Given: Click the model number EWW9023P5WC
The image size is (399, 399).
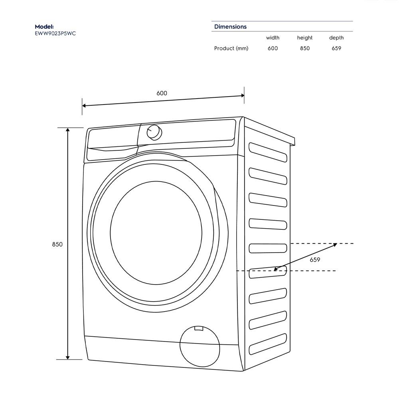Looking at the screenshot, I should (x=55, y=34).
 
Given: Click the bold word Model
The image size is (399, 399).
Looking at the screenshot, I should (x=44, y=27).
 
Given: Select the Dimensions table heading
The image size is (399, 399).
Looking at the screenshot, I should (x=230, y=27).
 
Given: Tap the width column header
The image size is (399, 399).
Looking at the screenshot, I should (x=273, y=38).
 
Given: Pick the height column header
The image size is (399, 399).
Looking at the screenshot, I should (x=304, y=38).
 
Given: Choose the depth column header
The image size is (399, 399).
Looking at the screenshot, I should (x=336, y=38).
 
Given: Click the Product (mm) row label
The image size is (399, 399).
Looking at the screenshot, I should (x=231, y=48).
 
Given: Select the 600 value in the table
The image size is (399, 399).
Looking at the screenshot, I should (x=273, y=48).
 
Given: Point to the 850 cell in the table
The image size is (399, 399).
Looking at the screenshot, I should (x=304, y=48).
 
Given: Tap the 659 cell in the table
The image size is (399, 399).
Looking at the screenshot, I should (x=336, y=48).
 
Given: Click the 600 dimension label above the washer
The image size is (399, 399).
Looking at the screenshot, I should (x=162, y=93).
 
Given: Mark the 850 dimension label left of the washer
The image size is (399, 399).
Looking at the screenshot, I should (x=57, y=244).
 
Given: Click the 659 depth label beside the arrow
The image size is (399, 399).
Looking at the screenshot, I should (x=315, y=260).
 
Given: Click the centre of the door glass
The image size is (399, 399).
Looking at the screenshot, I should (x=156, y=233).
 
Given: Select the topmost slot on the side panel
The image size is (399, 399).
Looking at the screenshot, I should (x=268, y=152).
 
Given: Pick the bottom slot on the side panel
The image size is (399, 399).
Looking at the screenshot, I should (x=268, y=344).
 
